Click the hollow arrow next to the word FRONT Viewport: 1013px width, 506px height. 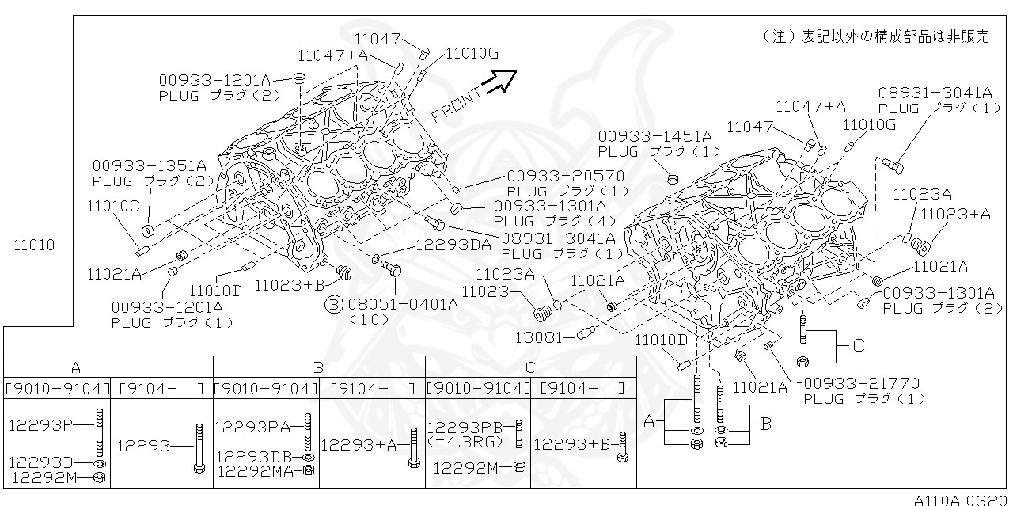[501, 80]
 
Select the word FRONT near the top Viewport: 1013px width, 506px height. [457, 104]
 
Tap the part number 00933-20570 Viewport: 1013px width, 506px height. [565, 176]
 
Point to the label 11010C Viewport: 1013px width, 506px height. [113, 206]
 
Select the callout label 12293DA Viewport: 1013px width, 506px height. [453, 244]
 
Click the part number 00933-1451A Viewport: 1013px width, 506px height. [654, 136]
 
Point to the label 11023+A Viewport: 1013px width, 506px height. [955, 214]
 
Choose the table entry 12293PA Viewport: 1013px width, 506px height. [252, 427]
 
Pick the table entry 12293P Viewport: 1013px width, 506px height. [41, 424]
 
